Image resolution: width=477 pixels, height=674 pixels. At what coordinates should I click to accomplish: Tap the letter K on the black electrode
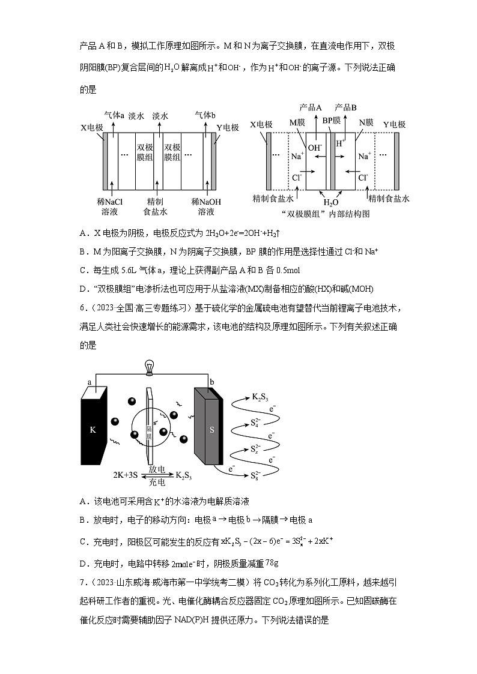93,430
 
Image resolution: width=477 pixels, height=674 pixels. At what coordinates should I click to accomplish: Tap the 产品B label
345,107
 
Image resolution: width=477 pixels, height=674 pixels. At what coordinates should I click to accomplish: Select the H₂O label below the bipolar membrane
332,203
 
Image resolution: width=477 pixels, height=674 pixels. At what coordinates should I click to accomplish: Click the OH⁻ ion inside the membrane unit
315,146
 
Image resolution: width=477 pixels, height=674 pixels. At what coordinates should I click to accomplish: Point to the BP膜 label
332,121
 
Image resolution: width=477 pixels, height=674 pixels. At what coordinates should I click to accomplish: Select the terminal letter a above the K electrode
90,382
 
